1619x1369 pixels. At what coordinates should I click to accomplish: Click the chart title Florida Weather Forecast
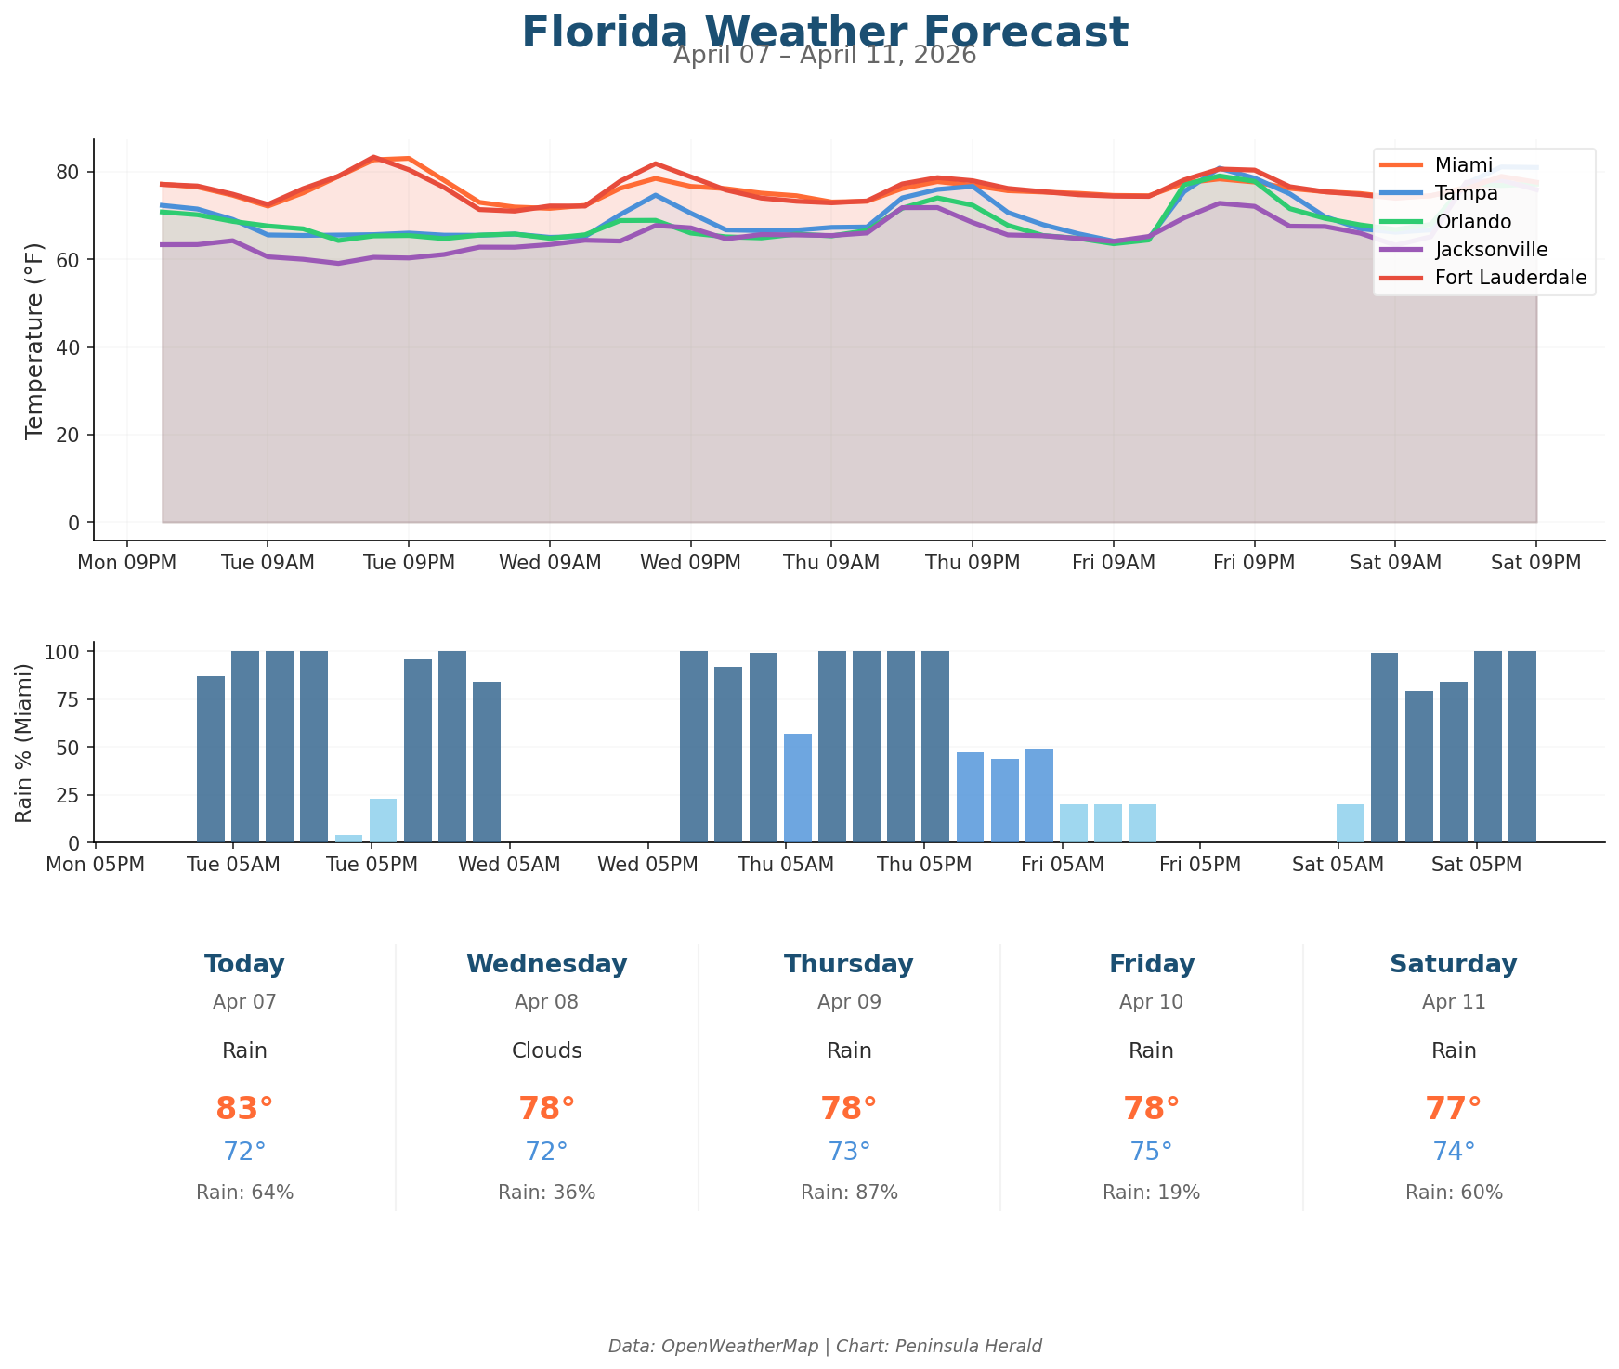coord(825,33)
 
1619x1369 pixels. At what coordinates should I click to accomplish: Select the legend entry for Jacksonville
coord(1491,249)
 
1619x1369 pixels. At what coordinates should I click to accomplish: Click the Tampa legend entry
coord(1466,193)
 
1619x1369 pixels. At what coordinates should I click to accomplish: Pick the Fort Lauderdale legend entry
coord(1510,278)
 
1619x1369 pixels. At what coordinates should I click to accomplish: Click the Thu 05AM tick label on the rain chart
coord(785,866)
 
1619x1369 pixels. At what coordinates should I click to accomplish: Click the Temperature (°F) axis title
coord(34,339)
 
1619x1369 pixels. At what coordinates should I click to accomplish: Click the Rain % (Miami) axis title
coord(25,743)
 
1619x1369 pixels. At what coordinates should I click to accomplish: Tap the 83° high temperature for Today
coord(244,1109)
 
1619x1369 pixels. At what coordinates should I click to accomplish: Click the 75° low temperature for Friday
coord(1151,1152)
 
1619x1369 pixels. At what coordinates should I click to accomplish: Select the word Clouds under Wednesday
coord(546,1051)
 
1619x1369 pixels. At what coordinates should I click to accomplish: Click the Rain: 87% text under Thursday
coord(849,1193)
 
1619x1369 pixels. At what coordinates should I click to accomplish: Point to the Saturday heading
coord(1453,965)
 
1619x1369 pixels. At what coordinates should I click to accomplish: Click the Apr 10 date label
coord(1151,1003)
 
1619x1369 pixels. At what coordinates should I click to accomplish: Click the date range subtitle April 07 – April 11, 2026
coord(825,56)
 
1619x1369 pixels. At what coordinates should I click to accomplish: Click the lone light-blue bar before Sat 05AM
coord(1349,823)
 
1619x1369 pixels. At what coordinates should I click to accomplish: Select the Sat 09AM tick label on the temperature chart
coord(1394,564)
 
